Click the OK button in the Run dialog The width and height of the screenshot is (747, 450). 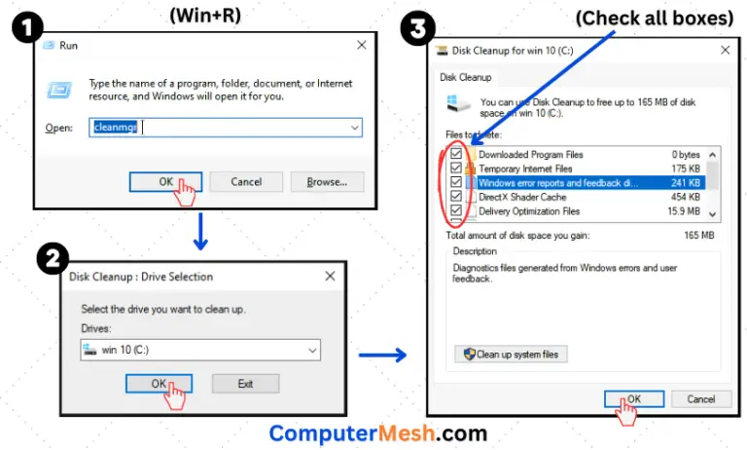pos(165,182)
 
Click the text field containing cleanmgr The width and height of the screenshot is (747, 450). pos(226,128)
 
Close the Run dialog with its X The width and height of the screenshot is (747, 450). pos(361,45)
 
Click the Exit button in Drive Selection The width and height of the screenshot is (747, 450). pos(245,384)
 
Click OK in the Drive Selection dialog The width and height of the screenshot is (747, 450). pos(160,384)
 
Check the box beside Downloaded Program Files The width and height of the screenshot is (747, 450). pos(456,154)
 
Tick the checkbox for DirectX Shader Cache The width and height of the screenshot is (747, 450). pos(456,196)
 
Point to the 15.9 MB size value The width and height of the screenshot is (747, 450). pos(683,210)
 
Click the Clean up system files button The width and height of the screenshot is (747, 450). pos(511,355)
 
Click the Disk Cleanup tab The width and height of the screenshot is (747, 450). pos(467,76)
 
